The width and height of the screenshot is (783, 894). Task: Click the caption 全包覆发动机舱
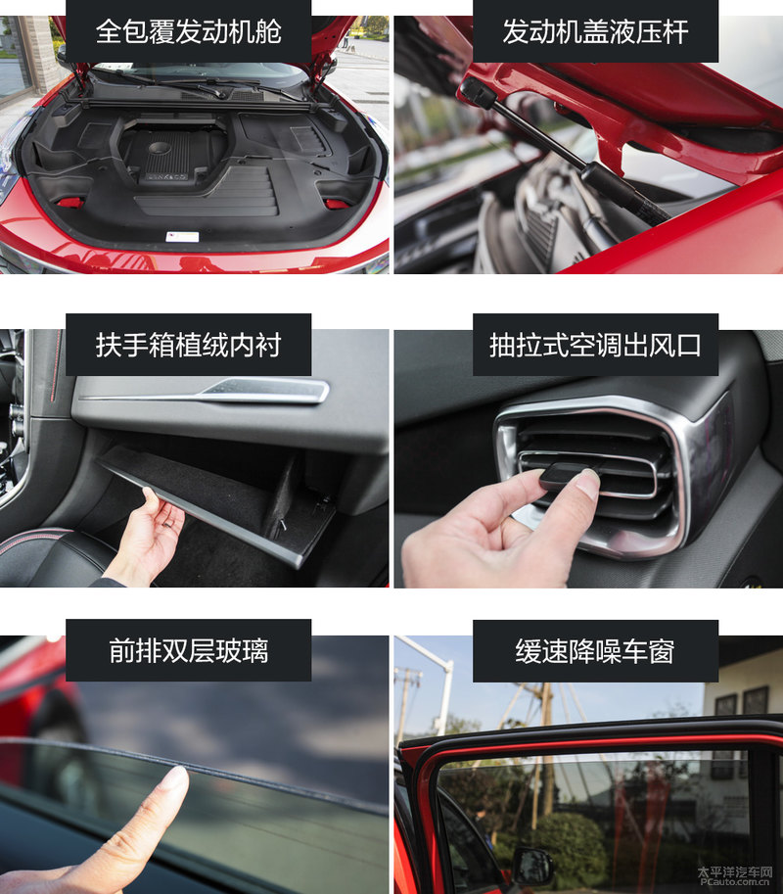[x=188, y=31]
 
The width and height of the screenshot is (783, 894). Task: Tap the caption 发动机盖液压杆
[x=595, y=31]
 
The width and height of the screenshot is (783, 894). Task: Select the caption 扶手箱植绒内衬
[x=188, y=345]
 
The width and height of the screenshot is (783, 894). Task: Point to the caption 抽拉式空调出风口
[x=595, y=345]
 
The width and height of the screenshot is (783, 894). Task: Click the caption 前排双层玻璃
[x=188, y=650]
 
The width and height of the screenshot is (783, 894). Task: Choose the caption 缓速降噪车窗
[x=595, y=650]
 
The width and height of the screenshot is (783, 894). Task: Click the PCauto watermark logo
[x=735, y=876]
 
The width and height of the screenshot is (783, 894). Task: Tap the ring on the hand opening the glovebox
[x=169, y=522]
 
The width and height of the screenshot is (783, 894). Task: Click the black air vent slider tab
[x=568, y=474]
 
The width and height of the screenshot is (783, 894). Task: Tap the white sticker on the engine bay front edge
[x=182, y=237]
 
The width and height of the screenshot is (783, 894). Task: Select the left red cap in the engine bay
[x=69, y=203]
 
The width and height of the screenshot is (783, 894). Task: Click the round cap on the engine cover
[x=159, y=148]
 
